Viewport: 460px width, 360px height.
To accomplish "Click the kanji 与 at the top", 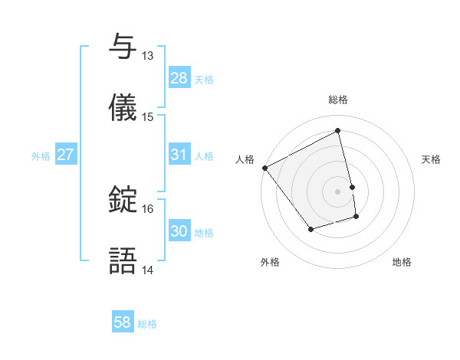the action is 123,47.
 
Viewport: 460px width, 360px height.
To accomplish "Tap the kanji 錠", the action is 123,199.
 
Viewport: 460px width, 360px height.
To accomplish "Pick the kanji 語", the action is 123,261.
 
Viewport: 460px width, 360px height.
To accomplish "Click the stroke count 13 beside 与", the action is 148,56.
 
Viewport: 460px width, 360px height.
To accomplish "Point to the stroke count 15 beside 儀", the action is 148,117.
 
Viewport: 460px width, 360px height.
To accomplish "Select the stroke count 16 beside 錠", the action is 148,208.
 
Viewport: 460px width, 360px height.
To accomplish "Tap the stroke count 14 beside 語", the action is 148,270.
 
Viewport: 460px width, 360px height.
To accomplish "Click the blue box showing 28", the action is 179,78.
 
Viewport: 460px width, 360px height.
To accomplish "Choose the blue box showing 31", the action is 179,155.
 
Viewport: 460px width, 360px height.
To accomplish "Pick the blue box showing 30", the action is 179,231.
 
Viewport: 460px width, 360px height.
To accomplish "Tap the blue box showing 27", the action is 66,155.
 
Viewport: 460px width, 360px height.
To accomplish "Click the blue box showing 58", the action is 123,322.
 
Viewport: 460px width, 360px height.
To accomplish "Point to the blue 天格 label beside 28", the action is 204,80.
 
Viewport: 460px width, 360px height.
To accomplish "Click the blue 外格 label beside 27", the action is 41,156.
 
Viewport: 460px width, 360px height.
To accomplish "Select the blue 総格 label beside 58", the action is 147,324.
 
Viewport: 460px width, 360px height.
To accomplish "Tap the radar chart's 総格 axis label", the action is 338,100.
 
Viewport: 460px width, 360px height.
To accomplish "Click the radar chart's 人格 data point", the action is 264,168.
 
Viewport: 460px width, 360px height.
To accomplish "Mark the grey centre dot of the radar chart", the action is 338,191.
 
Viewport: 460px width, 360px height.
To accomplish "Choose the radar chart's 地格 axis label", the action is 402,262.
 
